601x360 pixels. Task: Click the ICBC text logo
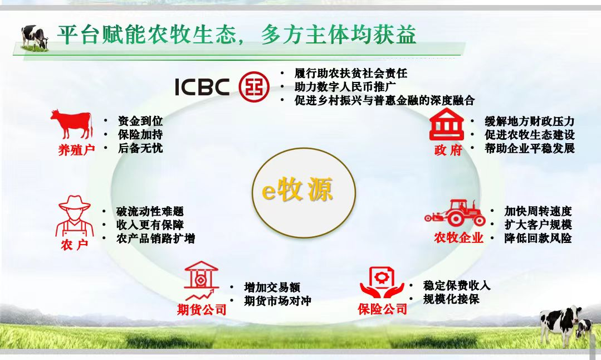[202, 86]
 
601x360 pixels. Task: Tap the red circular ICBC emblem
[254, 86]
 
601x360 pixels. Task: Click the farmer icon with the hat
[74, 216]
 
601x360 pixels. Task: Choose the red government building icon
[447, 124]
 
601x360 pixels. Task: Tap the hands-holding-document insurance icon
[382, 283]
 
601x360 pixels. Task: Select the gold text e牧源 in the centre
[297, 190]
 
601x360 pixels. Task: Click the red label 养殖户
[76, 150]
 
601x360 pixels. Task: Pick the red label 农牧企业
[458, 238]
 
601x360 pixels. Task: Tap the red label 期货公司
[202, 309]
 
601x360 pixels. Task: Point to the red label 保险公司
[383, 309]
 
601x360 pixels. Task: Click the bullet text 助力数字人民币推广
[345, 86]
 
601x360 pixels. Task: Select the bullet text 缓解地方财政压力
[530, 121]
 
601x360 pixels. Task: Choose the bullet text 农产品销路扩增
[155, 239]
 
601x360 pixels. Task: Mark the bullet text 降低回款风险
[538, 238]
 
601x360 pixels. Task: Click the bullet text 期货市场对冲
[277, 301]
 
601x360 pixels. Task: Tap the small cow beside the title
[35, 37]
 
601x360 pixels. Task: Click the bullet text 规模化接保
[451, 299]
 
